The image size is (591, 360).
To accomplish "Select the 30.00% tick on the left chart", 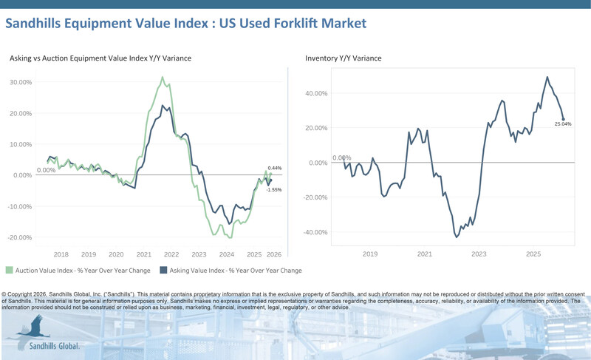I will point(19,82).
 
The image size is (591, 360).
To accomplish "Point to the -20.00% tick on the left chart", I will point(19,237).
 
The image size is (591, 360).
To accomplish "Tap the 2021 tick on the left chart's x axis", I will point(144,254).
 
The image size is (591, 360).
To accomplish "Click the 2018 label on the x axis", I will point(61,254).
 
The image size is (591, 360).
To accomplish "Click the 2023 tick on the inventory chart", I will point(479,254).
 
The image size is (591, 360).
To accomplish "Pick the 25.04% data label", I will point(563,124).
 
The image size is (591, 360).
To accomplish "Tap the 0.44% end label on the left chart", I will point(275,169).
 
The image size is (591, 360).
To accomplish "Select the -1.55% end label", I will point(275,189).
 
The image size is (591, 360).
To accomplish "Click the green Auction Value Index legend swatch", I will point(9,271).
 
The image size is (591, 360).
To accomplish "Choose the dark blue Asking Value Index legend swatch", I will point(164,271).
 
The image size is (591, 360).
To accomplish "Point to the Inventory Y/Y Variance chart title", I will point(344,58).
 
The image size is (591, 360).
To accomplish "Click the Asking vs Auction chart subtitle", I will point(100,58).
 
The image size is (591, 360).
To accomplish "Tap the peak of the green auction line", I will point(163,77).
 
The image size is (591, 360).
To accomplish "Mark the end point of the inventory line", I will point(564,119).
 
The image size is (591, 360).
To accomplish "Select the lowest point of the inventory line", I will point(457,237).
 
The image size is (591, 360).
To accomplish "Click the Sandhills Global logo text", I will point(54,345).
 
